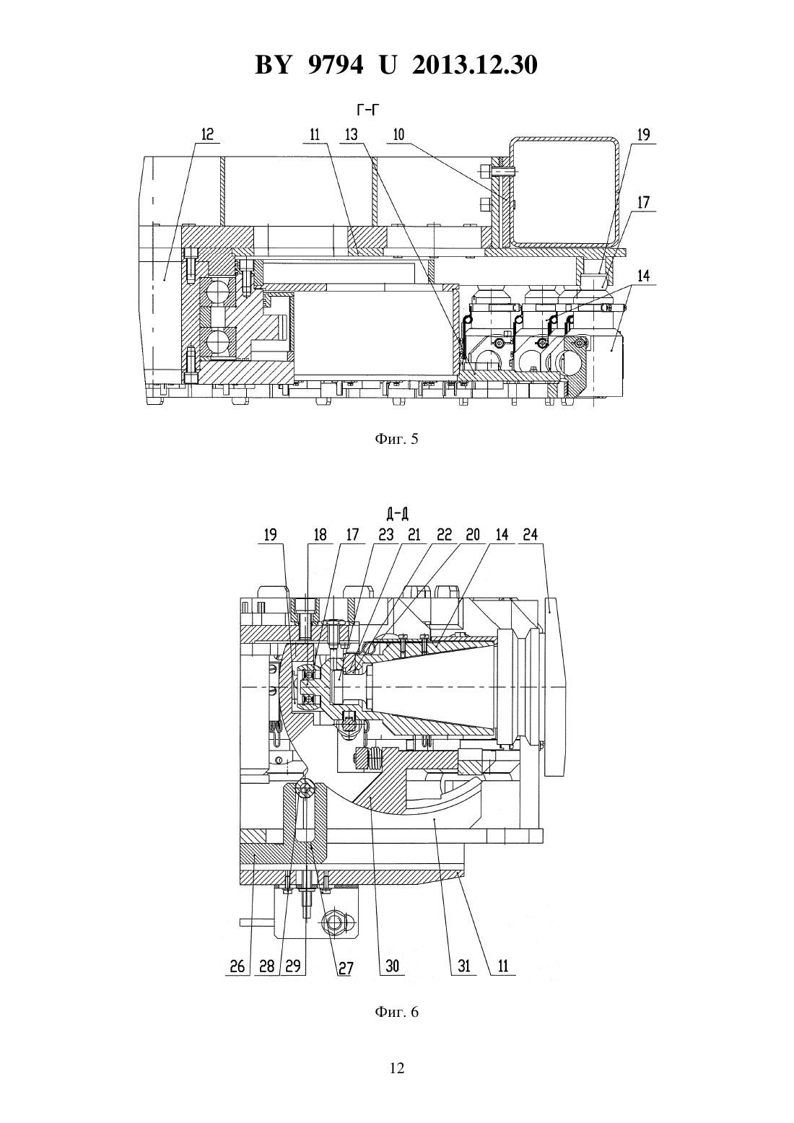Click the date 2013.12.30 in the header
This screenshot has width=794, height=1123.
click(x=474, y=65)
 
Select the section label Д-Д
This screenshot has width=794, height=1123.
click(x=397, y=514)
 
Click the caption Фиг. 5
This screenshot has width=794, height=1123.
click(x=396, y=440)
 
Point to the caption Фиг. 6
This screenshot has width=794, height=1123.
click(x=396, y=1012)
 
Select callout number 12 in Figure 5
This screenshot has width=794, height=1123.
click(x=208, y=134)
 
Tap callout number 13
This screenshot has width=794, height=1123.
click(x=352, y=134)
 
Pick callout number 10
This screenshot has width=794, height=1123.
click(x=398, y=134)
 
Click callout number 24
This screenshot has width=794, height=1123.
click(x=530, y=535)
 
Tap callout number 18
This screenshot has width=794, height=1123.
click(x=320, y=535)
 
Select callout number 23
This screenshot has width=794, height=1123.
click(x=386, y=535)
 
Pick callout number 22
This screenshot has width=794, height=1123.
click(x=444, y=535)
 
